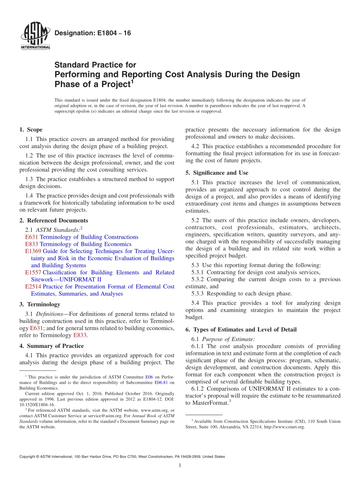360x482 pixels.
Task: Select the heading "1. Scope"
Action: (x=31, y=130)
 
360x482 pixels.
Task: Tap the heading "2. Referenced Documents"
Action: (x=54, y=221)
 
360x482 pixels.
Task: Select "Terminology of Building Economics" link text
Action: (x=86, y=244)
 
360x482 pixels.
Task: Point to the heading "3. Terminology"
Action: (x=40, y=304)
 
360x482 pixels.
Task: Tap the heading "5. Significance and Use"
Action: (x=217, y=173)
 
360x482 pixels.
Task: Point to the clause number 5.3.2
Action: (x=198, y=279)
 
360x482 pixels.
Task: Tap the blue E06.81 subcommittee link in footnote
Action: (x=162, y=382)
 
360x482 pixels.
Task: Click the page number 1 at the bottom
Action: (x=180, y=465)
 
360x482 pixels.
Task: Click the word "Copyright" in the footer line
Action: (x=29, y=457)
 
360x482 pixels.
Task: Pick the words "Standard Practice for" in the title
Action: (x=95, y=65)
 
